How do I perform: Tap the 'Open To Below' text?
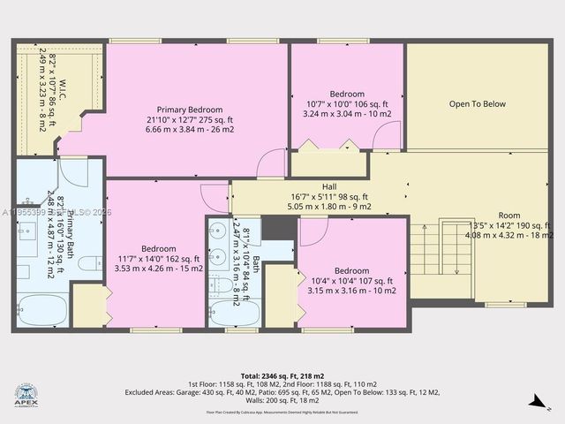(477, 104)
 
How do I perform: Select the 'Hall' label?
(328, 186)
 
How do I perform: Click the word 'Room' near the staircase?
(509, 215)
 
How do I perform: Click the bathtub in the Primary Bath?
(40, 311)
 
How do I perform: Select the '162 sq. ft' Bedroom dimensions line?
(159, 259)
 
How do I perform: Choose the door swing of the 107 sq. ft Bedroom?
(313, 231)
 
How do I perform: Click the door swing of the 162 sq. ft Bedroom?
(215, 196)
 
